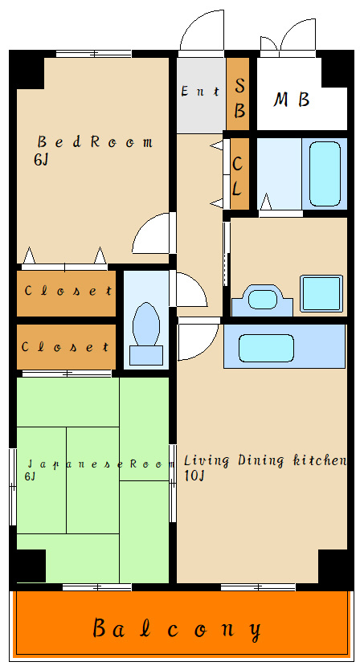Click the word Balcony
(x=177, y=629)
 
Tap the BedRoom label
(x=95, y=141)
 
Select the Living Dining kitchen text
(x=265, y=460)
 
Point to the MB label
(x=292, y=100)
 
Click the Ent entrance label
(x=201, y=91)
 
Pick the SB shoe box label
(x=239, y=98)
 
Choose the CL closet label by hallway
(x=237, y=176)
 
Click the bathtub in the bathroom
(x=325, y=174)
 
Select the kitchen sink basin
(x=266, y=348)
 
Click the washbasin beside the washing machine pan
(x=262, y=299)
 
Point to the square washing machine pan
(x=321, y=293)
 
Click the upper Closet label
(x=68, y=291)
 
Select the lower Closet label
(x=65, y=346)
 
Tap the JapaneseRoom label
(x=100, y=464)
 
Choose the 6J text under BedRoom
(x=41, y=160)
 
